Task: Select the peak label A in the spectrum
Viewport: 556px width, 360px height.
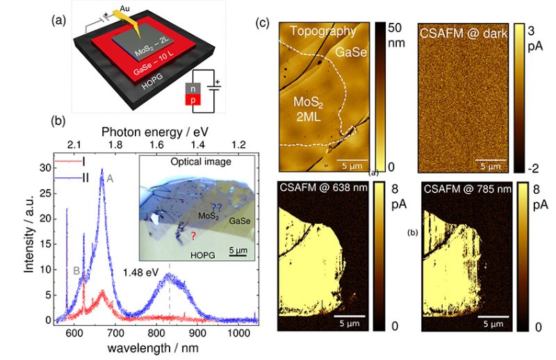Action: [109, 177]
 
